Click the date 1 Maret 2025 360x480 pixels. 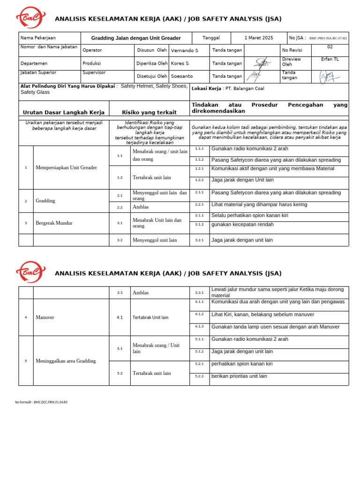[258, 38]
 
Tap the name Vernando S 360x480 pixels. [184, 51]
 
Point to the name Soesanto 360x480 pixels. [181, 76]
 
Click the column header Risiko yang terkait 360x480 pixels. [149, 112]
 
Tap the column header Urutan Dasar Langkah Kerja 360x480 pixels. [64, 112]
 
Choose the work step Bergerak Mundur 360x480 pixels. [54, 223]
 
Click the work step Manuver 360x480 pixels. [45, 317]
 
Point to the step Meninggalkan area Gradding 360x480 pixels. [65, 361]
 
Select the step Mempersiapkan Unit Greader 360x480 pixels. [66, 167]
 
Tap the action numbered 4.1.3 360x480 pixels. [199, 327]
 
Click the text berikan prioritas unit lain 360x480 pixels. [239, 376]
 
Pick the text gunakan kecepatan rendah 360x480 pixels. [242, 225]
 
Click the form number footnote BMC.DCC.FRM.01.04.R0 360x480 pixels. [41, 402]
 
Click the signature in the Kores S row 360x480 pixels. [263, 63]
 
